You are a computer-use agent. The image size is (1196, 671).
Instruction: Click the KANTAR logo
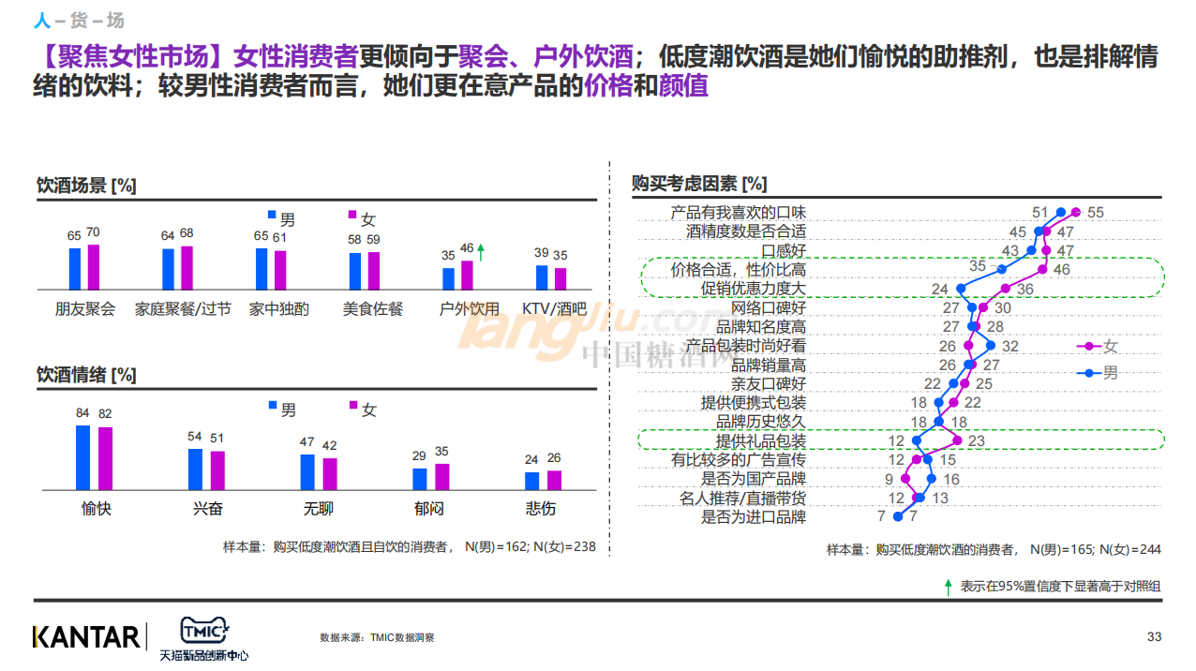[86, 637]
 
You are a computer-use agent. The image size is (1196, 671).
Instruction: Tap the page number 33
[1154, 637]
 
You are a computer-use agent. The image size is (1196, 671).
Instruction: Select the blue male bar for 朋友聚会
[75, 268]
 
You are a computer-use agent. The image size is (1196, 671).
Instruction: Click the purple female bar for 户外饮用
[467, 276]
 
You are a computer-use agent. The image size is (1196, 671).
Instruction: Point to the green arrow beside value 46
[482, 250]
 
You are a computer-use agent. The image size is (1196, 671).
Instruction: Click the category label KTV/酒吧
[553, 308]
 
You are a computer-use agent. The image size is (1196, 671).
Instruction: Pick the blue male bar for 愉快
[83, 457]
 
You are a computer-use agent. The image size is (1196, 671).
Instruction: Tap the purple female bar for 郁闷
[442, 476]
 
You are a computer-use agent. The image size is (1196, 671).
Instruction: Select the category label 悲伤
[541, 509]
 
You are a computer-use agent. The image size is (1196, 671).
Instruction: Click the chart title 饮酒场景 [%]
[85, 186]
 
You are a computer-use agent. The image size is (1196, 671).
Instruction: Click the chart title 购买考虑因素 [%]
[699, 184]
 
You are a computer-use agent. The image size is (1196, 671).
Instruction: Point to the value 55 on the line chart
[1095, 213]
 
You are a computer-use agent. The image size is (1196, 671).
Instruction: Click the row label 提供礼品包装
[760, 440]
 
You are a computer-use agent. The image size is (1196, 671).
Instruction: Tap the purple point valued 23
[957, 440]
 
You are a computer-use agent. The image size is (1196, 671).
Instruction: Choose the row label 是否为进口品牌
[753, 516]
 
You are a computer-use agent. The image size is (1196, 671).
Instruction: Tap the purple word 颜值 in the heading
[683, 87]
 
